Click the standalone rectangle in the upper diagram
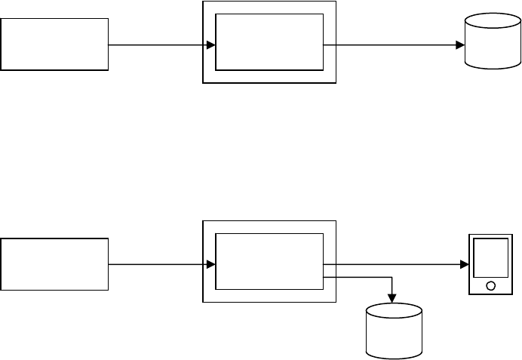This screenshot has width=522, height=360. pyautogui.click(x=54, y=45)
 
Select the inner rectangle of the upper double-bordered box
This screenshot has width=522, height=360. pyautogui.click(x=269, y=44)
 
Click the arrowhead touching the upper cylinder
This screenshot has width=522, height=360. pyautogui.click(x=459, y=45)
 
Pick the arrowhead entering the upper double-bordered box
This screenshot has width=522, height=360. pyautogui.click(x=211, y=45)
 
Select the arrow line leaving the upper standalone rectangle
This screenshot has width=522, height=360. pyautogui.click(x=158, y=45)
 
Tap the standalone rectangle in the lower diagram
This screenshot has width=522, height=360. pyautogui.click(x=54, y=264)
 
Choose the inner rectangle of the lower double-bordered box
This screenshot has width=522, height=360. pyautogui.click(x=269, y=261)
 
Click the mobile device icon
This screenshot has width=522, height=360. pyautogui.click(x=491, y=265)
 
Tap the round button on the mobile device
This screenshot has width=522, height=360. pyautogui.click(x=491, y=286)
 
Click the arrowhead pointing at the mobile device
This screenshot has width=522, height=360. pyautogui.click(x=464, y=265)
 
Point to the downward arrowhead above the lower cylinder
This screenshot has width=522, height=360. pyautogui.click(x=393, y=297)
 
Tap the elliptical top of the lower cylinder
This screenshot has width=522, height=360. pyautogui.click(x=393, y=310)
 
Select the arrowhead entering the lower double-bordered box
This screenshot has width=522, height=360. pyautogui.click(x=211, y=265)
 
